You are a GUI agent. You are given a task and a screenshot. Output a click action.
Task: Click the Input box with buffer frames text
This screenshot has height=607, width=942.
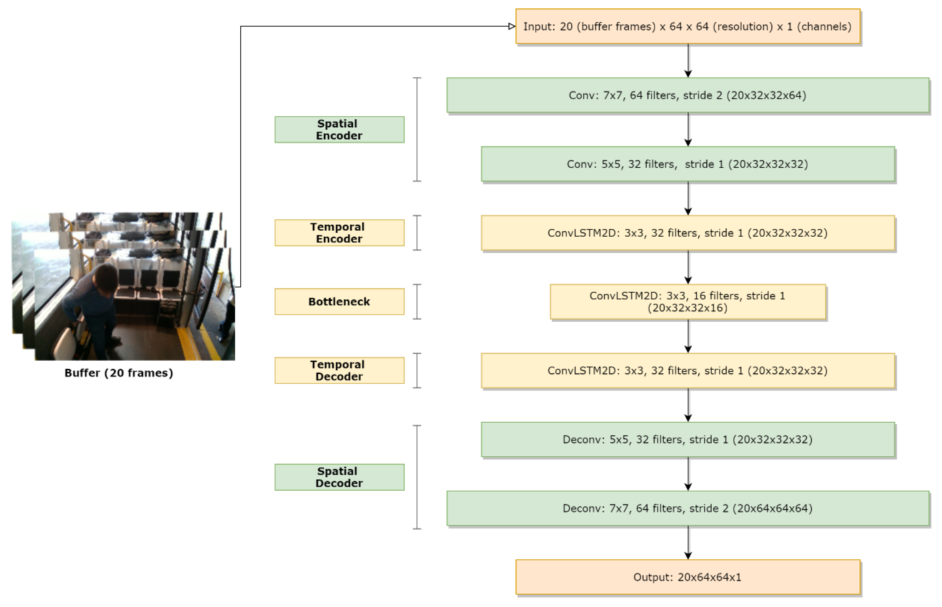[x=687, y=26]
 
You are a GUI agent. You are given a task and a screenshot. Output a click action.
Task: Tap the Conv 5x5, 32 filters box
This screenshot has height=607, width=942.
[x=687, y=164]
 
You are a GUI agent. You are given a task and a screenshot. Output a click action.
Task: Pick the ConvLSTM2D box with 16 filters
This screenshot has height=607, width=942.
[x=687, y=302]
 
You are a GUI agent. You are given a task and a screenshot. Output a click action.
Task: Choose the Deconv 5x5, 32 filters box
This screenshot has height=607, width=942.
[x=687, y=439]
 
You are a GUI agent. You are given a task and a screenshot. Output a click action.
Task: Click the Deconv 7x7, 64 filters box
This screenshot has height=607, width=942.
[x=687, y=508]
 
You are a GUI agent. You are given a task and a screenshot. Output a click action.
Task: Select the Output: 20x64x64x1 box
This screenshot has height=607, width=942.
[x=687, y=577]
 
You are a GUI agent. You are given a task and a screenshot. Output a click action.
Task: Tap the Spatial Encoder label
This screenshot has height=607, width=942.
[x=339, y=129]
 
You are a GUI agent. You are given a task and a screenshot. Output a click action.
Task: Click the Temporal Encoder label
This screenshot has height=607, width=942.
[x=339, y=233]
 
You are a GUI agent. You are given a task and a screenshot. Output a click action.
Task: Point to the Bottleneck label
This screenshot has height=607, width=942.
[x=339, y=302]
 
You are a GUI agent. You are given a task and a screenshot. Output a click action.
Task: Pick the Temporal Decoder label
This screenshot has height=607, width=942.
[x=339, y=370]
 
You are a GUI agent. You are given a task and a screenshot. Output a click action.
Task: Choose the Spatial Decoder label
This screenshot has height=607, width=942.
[x=339, y=477]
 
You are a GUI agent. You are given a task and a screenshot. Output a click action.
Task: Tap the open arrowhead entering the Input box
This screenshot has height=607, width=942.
[x=512, y=26]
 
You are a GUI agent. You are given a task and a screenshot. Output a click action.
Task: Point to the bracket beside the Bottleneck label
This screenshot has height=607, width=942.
[x=417, y=302]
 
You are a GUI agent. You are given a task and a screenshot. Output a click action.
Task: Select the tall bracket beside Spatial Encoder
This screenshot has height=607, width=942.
[x=417, y=129]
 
